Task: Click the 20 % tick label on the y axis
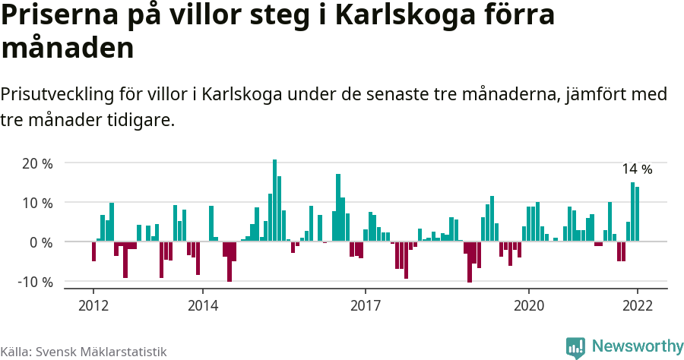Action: click(37, 163)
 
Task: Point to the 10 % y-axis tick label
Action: click(37, 203)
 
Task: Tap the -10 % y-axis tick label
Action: click(35, 282)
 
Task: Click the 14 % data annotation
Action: click(637, 169)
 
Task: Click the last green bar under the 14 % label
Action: click(638, 214)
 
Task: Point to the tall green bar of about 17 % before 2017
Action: click(338, 208)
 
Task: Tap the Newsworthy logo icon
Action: click(575, 347)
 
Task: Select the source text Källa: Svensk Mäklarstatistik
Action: click(83, 352)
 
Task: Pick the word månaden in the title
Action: click(68, 48)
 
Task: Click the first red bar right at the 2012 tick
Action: click(93, 251)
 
